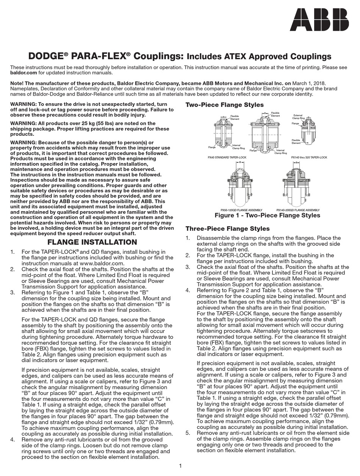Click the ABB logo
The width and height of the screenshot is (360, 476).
(x=319, y=20)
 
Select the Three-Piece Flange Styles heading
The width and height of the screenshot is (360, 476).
(x=227, y=229)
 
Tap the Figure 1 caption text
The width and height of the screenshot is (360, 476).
(x=267, y=215)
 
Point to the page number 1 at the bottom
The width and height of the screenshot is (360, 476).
(x=180, y=466)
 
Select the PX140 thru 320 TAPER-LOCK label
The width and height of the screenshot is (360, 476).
(x=309, y=157)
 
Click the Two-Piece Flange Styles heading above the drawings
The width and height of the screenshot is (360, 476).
(x=224, y=105)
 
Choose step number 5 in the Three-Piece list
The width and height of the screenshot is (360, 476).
(x=188, y=432)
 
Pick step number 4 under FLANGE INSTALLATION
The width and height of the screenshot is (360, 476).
(x=13, y=440)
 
